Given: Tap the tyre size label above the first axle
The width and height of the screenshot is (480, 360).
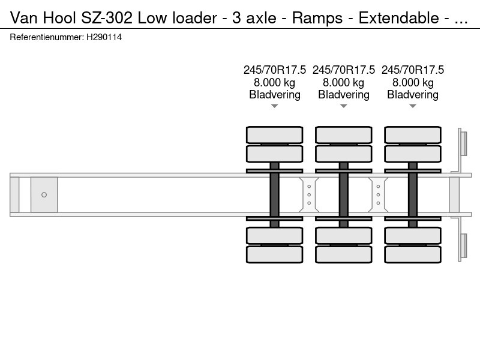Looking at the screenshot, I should (x=275, y=70).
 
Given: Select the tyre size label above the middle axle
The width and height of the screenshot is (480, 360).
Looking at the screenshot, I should (x=344, y=70).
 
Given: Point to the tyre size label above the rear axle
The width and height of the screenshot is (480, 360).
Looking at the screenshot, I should (x=413, y=70).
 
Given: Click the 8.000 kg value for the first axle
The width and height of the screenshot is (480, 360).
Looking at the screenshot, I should (x=275, y=82).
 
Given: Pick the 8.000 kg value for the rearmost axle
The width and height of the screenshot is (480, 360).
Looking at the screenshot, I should (x=413, y=82).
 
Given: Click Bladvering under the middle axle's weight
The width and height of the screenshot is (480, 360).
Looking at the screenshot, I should (x=344, y=95).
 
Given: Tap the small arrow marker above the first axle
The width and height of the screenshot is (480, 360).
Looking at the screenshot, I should (x=275, y=106).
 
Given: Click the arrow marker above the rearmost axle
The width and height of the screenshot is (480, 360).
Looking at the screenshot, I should (x=413, y=106).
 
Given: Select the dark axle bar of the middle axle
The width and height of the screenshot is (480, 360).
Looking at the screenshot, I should (x=344, y=194).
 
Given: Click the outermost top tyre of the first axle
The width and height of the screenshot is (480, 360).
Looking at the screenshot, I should (x=275, y=134).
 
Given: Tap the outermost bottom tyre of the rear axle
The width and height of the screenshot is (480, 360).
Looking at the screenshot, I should (x=413, y=254).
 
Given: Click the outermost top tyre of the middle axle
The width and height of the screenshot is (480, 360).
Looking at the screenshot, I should (x=344, y=134).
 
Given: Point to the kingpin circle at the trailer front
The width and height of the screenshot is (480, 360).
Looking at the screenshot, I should (x=44, y=194).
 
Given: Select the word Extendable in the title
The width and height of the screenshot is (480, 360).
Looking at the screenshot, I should (x=398, y=17).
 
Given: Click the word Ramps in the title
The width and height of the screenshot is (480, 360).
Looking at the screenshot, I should (x=313, y=17).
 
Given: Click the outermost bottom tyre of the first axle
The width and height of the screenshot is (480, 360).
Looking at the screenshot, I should (x=275, y=254).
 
